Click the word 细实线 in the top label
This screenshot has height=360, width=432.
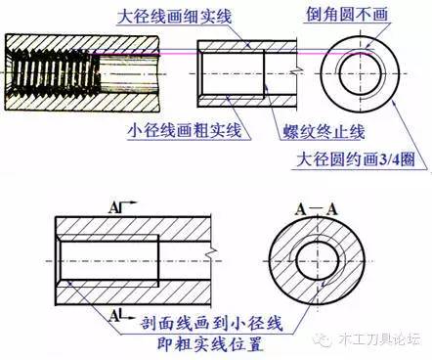click(210, 16)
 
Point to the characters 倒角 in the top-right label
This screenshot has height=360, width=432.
click(315, 15)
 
